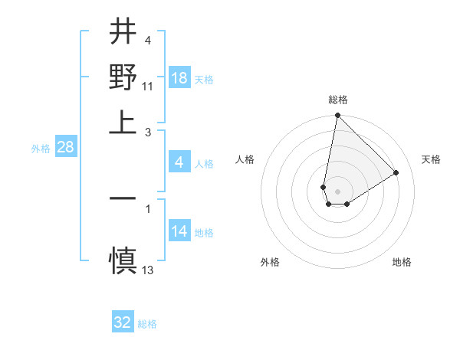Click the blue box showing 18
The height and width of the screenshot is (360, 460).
[x=179, y=79]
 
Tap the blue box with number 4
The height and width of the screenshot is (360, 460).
[x=179, y=162]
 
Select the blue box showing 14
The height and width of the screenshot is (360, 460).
[x=179, y=232]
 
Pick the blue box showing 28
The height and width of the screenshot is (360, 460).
[x=65, y=148]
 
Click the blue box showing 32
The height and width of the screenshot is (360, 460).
[x=123, y=322]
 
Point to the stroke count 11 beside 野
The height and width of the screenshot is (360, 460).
[x=148, y=86]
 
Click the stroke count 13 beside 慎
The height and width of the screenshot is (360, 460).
[x=148, y=270]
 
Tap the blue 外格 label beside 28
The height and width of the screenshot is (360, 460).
[x=41, y=149]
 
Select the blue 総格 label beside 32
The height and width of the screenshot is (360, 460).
[x=147, y=324]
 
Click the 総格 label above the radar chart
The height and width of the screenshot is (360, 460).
[x=338, y=100]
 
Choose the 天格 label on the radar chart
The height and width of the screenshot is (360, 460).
[x=432, y=159]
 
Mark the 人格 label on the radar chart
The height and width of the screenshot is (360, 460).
[x=245, y=159]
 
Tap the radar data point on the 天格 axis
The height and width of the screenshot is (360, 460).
[x=396, y=173]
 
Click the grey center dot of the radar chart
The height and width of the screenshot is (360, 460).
[x=337, y=191]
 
